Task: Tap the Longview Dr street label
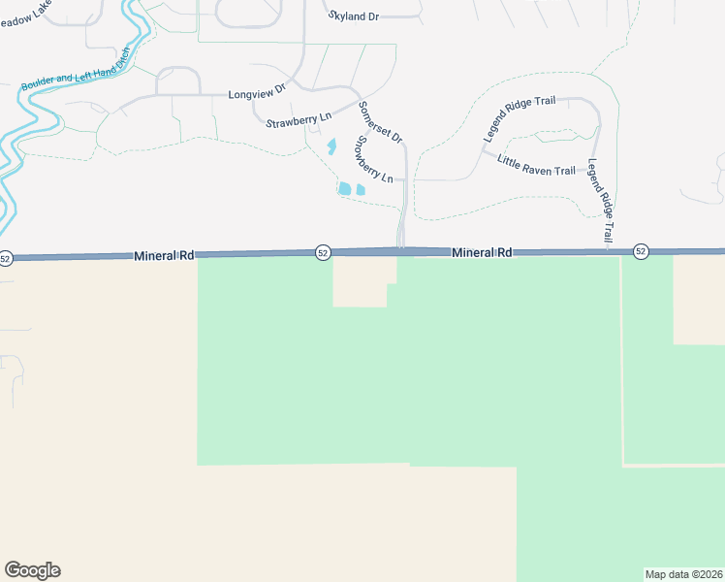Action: [256, 93]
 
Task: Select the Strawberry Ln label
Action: [299, 117]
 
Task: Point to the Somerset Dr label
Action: [380, 120]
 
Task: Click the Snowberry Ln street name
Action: [373, 159]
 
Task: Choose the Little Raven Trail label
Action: [536, 164]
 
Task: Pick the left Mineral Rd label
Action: [165, 255]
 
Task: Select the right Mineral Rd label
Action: [482, 252]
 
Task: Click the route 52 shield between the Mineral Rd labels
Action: [323, 253]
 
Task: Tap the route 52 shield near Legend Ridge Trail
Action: [641, 251]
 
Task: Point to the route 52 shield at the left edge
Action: [6, 258]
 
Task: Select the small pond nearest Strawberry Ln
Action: [331, 147]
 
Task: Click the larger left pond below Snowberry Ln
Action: [345, 187]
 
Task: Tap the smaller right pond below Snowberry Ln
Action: [361, 189]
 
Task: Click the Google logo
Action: [32, 570]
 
